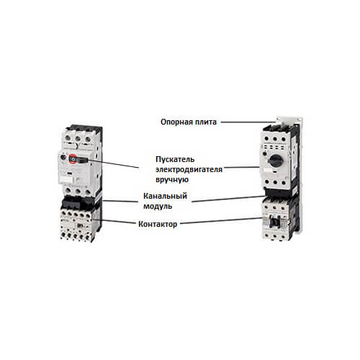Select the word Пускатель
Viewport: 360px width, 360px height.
(175, 159)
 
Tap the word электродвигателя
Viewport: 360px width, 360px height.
(189, 169)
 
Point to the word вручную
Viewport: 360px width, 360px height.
(172, 180)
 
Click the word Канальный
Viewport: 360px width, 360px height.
(165, 196)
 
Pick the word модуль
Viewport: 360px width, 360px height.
(158, 206)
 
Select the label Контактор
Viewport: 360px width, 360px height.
(158, 224)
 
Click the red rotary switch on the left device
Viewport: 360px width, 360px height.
(73, 158)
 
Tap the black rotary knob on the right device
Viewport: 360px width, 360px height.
(275, 160)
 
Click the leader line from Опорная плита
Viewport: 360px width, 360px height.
(248, 122)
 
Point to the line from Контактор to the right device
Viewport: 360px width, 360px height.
(222, 221)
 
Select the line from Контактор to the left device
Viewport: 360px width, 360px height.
(114, 221)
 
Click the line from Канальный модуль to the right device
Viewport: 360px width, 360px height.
(229, 199)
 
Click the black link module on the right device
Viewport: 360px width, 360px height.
(279, 192)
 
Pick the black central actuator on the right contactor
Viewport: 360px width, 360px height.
(274, 221)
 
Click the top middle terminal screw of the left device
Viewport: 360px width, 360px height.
(78, 139)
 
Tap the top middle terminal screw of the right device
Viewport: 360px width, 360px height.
(275, 139)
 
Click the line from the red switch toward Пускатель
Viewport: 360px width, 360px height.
(113, 163)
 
